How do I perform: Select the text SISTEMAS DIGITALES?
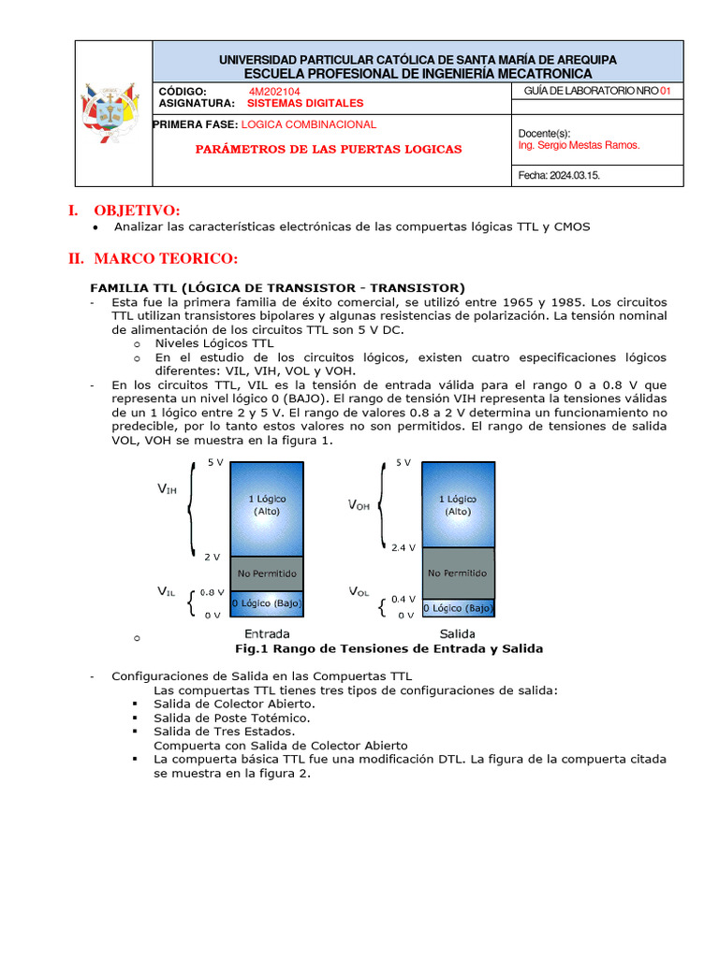tap(306, 104)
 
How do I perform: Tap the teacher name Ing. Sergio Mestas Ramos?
tap(579, 146)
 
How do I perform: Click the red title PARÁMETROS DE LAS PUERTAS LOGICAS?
tap(328, 150)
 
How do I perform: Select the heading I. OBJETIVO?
tap(124, 210)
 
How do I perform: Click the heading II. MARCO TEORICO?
tap(153, 258)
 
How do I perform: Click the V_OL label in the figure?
tap(360, 591)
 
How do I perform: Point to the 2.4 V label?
tap(403, 548)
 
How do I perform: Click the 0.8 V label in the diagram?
tap(212, 592)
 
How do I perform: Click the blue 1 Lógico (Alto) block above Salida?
tap(458, 505)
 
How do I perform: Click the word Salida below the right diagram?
tap(459, 633)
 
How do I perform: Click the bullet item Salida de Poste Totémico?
tap(231, 718)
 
